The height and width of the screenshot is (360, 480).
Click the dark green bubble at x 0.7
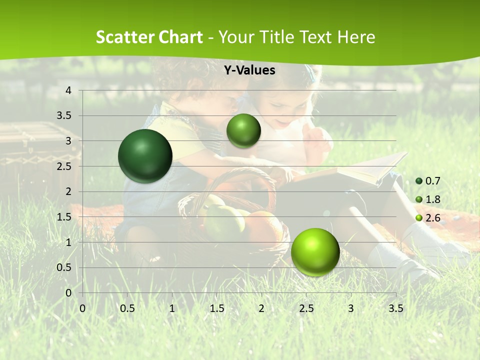pos(145,156)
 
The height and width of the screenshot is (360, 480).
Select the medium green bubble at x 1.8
pos(243,130)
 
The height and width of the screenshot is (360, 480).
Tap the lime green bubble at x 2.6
pos(315,252)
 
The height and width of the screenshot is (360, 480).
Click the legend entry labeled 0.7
pos(428,181)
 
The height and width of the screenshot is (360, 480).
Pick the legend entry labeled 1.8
pos(428,199)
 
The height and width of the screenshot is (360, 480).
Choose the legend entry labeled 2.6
pos(428,217)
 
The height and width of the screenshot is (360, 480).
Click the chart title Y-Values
pos(249,70)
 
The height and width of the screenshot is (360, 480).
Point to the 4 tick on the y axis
pos(68,90)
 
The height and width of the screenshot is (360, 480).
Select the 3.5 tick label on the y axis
pos(64,116)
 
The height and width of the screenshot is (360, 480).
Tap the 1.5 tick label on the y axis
pos(64,217)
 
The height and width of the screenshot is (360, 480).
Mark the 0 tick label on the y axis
pos(68,293)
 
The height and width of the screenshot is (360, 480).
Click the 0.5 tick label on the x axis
pos(127,308)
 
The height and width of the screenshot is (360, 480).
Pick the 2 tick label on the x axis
pos(261,308)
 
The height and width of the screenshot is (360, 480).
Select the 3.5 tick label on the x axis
pos(396,308)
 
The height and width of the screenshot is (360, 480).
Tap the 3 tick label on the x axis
pos(351,308)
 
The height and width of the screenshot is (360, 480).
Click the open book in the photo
pos(350,172)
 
